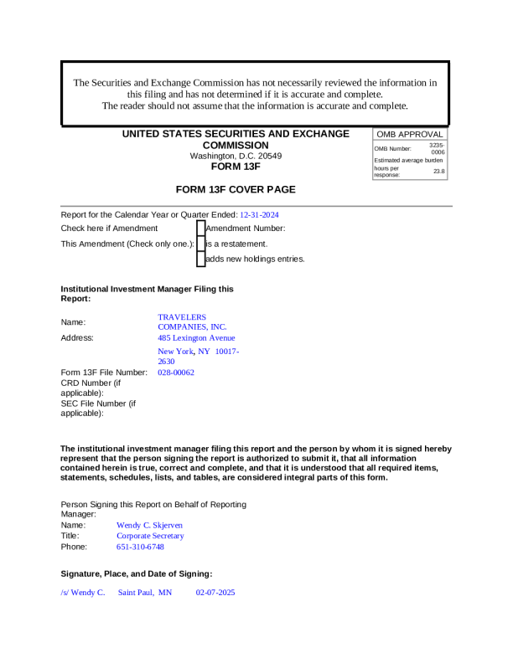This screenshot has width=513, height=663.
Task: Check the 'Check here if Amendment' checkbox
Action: [200, 228]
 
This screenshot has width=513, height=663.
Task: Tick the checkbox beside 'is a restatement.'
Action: [200, 244]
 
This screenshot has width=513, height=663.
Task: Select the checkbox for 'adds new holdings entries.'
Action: [200, 259]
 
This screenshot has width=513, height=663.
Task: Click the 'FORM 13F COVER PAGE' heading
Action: [236, 190]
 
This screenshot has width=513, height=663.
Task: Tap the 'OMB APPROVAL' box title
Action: [409, 134]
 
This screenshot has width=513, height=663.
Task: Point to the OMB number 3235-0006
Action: [438, 148]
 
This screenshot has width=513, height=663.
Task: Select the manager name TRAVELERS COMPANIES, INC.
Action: [192, 321]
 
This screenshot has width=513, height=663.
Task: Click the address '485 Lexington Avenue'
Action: [196, 337]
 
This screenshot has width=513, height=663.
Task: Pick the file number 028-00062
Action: [176, 372]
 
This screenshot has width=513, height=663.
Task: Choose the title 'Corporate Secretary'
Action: [150, 536]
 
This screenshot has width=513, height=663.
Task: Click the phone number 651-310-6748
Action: [140, 547]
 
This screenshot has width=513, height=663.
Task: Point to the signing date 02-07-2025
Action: [215, 592]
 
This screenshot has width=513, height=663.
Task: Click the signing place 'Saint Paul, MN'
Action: [144, 592]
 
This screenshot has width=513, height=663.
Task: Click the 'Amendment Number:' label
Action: [246, 228]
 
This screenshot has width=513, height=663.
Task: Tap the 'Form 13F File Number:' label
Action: [104, 372]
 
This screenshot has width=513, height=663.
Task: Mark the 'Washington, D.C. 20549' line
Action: [236, 156]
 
